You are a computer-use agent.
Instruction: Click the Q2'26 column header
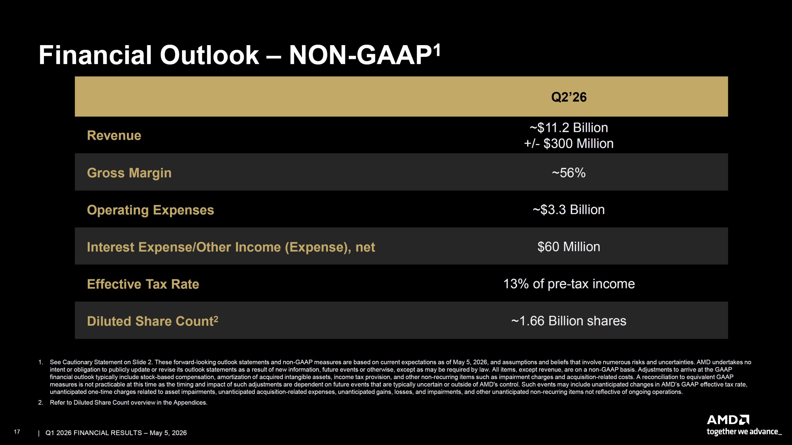tap(569, 97)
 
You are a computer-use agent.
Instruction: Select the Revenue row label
tap(114, 135)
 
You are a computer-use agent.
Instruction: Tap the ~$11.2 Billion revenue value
tap(569, 128)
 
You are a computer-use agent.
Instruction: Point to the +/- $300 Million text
tap(569, 143)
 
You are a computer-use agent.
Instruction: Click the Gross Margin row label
tap(129, 173)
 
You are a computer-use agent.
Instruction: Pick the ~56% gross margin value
tap(569, 173)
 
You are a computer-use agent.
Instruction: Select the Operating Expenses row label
tap(150, 210)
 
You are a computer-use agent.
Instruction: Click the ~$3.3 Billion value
tap(569, 210)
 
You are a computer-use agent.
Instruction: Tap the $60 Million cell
tap(569, 247)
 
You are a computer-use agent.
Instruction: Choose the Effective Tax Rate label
tap(143, 284)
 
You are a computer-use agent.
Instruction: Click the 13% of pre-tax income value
tap(569, 284)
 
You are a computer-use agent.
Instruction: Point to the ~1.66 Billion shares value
tap(569, 321)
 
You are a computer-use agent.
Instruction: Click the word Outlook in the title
tap(209, 55)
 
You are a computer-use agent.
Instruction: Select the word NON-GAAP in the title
tap(360, 55)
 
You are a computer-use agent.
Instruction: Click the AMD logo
tap(728, 420)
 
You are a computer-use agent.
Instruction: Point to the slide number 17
tap(17, 432)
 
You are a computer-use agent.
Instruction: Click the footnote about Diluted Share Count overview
tap(128, 402)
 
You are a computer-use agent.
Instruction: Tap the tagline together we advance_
tap(744, 432)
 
